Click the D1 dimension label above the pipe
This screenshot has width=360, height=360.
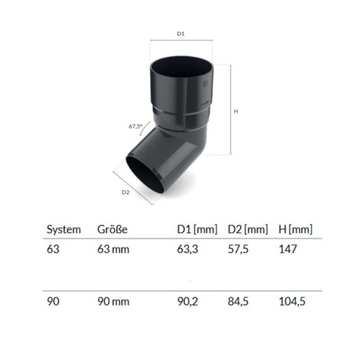coord(181,33)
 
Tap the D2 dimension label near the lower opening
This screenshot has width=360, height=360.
coord(125,192)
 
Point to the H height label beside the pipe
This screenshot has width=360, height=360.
coord(235,110)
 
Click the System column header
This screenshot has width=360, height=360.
coord(64,229)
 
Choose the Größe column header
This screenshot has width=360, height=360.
coord(112,229)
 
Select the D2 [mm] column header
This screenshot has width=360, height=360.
coord(247,229)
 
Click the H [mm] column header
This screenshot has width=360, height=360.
coord(295,229)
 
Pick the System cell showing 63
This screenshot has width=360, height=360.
coord(53,250)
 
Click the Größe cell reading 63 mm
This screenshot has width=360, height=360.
coord(113,250)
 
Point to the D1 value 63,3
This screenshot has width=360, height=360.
coord(186,250)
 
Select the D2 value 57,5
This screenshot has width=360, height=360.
coord(237,250)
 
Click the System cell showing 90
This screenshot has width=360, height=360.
coord(53,302)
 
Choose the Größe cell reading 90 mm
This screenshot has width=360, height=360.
coord(113,302)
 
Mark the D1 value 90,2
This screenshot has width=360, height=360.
coord(186,302)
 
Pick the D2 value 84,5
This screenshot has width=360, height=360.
coord(237,302)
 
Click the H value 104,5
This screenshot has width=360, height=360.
coord(292,302)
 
